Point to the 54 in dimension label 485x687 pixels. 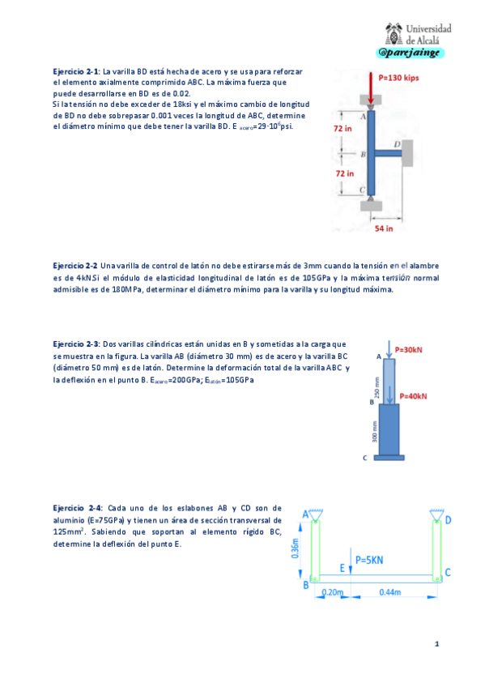coord(385,228)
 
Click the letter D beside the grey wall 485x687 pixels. coord(397,143)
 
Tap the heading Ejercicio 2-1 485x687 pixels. coord(74,72)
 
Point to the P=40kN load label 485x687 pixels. coord(412,396)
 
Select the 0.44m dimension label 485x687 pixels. coord(389,592)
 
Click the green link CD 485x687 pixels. coord(437,548)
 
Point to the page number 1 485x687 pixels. coord(436,644)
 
